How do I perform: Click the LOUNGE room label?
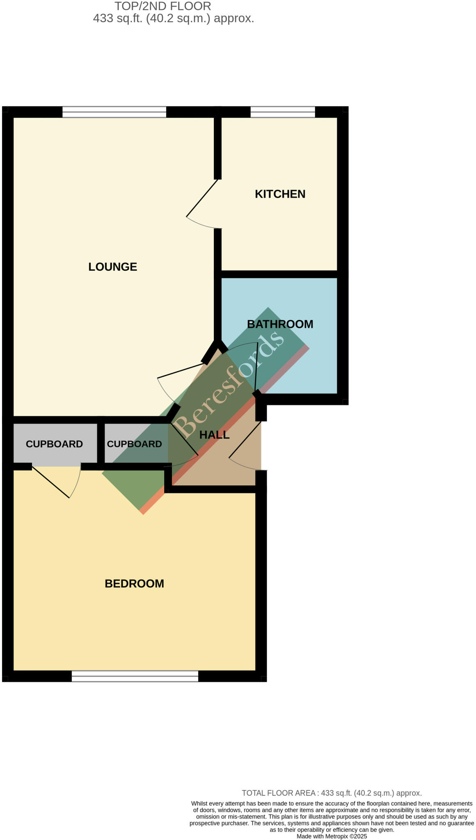[x=112, y=267]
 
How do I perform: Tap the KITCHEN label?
[x=280, y=194]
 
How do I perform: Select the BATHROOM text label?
[x=280, y=324]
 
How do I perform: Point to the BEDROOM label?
[x=134, y=584]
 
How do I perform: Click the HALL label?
[x=214, y=435]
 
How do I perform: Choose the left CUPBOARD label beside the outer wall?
[x=54, y=444]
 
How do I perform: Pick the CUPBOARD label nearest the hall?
[x=134, y=444]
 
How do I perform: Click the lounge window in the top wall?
[x=114, y=112]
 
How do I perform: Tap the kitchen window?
[x=283, y=112]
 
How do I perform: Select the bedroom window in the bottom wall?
[x=135, y=676]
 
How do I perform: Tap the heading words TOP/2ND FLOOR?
[x=162, y=6]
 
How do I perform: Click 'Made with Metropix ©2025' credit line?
[x=332, y=836]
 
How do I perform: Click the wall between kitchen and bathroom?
[x=279, y=274]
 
